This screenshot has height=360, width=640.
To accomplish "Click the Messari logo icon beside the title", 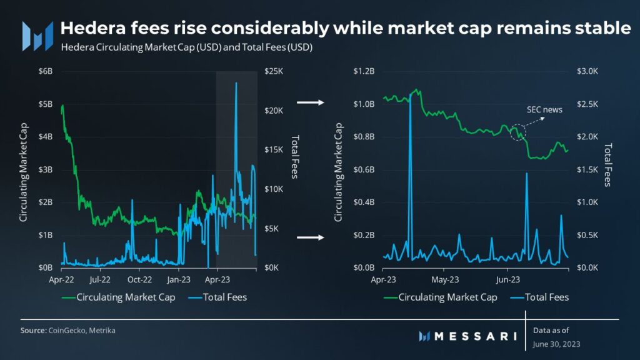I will tap(37, 36).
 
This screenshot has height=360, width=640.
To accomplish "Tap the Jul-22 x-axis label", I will tap(100, 279).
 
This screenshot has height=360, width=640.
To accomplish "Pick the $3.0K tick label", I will tap(587, 72).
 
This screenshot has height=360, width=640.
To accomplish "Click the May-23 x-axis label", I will tap(446, 279).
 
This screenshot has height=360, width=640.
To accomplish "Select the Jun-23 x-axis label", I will tap(507, 279).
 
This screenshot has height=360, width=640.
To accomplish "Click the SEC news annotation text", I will tap(543, 110).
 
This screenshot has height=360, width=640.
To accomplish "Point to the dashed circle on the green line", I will tap(518, 132).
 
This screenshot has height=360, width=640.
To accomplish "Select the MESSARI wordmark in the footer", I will tap(475, 336).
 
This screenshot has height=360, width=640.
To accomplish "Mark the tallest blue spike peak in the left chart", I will tap(236, 83).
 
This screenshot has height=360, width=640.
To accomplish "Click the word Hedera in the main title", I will tap(88, 28).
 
